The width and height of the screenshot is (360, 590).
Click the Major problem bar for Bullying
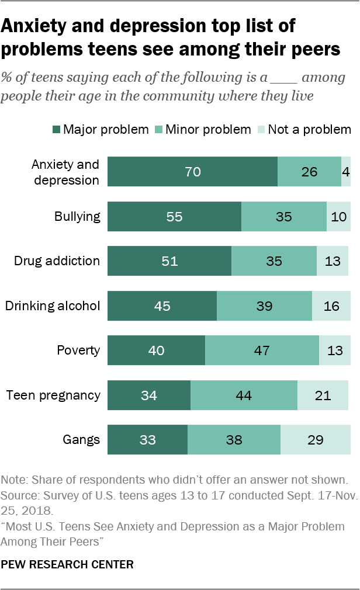click(175, 216)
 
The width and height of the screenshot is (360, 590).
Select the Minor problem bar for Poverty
click(262, 350)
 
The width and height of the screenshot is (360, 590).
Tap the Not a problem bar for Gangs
click(316, 440)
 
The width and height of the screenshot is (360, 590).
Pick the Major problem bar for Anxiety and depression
click(193, 172)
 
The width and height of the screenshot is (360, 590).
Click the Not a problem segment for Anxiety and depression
click(346, 172)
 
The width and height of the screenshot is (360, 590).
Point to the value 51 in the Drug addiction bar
click(169, 261)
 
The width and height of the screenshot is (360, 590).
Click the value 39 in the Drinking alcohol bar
click(264, 306)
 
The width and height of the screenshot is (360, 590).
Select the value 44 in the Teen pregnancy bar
click(244, 395)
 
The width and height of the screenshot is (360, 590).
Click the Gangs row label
click(82, 440)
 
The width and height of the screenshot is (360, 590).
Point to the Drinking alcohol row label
click(53, 306)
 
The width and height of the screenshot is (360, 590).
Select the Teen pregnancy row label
click(53, 395)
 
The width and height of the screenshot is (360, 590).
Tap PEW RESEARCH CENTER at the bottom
click(67, 564)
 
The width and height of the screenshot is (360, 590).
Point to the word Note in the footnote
click(13, 480)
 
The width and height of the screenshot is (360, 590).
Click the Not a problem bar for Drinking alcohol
click(331, 306)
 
